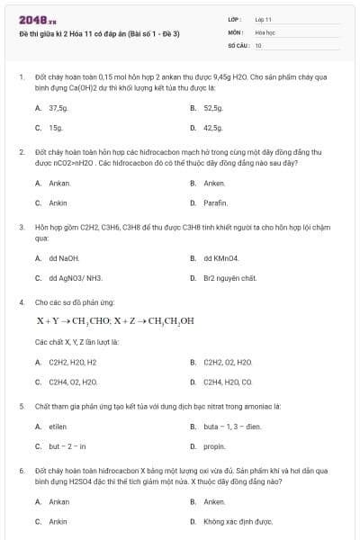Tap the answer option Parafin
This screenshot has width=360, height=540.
click(x=215, y=203)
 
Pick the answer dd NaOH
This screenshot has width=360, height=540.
click(x=65, y=257)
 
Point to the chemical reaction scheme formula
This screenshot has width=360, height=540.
click(x=115, y=321)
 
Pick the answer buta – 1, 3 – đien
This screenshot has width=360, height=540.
click(x=232, y=426)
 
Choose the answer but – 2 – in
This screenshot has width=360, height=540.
click(x=67, y=446)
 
